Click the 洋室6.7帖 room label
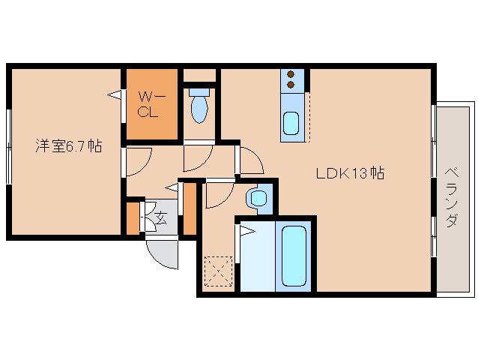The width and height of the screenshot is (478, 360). coord(69,145)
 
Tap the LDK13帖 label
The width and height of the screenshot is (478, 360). coord(350,173)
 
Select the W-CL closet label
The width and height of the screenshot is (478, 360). coord(151,104)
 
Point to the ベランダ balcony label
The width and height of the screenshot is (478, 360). coord(452,197)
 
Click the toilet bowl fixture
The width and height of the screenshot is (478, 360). coord(199,106)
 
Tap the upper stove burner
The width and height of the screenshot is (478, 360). coord(291,74)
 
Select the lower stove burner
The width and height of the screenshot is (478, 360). coord(291,85)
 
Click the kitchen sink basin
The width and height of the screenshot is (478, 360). coord(291,123)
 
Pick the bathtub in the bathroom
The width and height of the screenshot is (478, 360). coord(294,256)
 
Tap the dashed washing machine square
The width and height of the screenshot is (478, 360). coord(218,271)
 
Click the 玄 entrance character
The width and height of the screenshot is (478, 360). coord(161,217)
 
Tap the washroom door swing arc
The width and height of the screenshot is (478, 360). coord(225,202)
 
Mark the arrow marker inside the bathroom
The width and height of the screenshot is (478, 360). coord(247,231)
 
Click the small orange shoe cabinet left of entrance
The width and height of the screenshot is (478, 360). coord(133,218)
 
